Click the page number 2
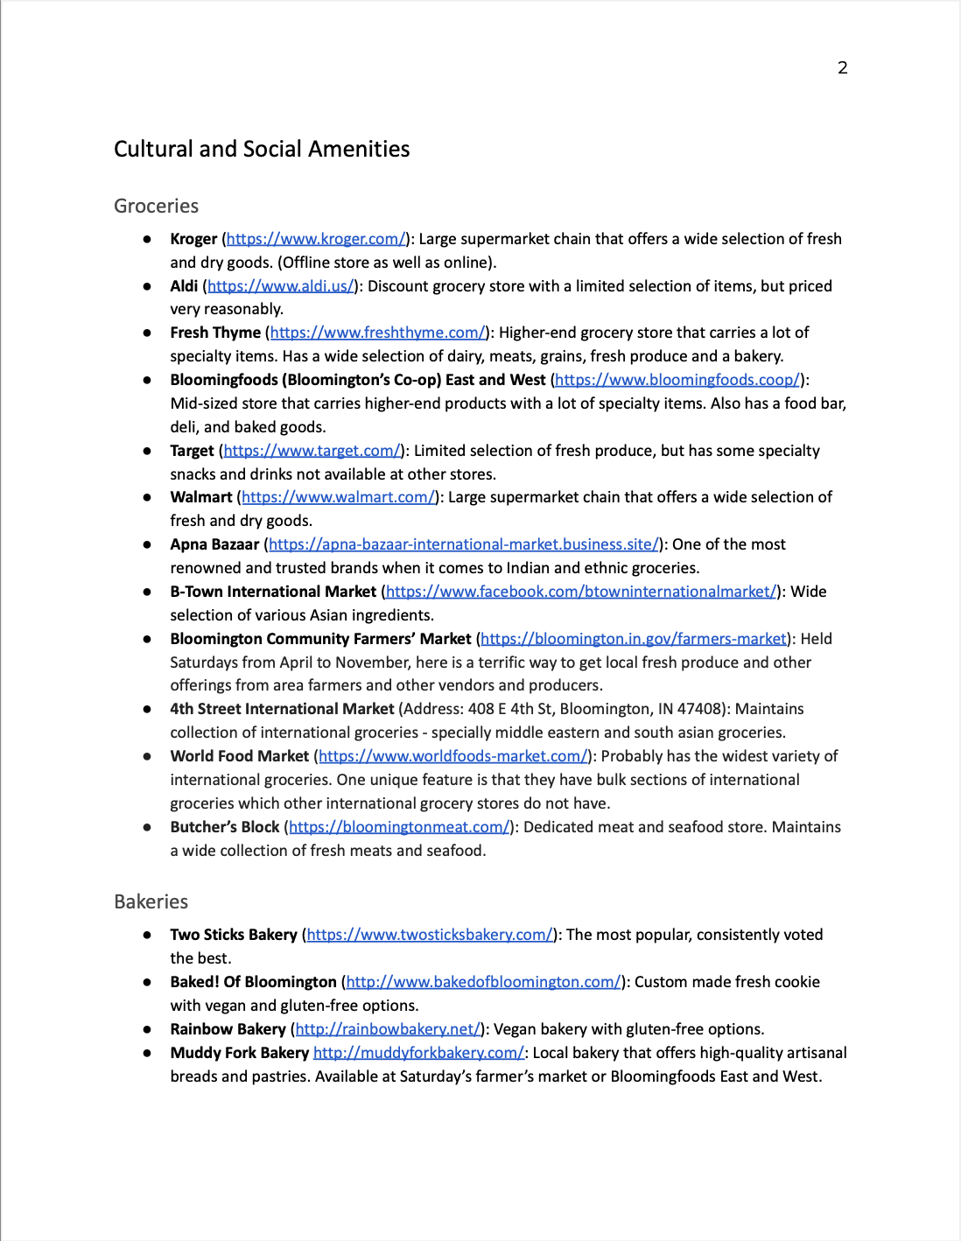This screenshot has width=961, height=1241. tap(842, 68)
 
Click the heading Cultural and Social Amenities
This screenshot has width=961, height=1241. tap(262, 149)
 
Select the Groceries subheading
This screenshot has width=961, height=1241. tap(156, 206)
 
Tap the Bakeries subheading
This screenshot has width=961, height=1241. tap(151, 901)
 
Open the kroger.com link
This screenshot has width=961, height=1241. tap(316, 239)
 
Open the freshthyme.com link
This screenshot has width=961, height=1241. tap(377, 333)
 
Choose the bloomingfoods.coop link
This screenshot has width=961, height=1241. tap(677, 380)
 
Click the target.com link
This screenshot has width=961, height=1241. tap(312, 451)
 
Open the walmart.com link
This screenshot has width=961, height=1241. tap(338, 497)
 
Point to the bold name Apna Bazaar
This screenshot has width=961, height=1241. tap(214, 544)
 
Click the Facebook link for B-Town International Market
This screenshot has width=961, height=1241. tap(580, 592)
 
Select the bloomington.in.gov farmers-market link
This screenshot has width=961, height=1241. tap(634, 639)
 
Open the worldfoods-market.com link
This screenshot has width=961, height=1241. tap(452, 756)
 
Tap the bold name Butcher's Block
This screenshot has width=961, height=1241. tap(225, 827)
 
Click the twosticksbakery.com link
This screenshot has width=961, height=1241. tap(430, 935)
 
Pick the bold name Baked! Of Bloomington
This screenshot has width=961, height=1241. tap(253, 982)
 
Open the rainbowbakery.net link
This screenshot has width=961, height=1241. tap(388, 1029)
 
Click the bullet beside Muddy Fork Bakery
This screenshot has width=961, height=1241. tap(147, 1053)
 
